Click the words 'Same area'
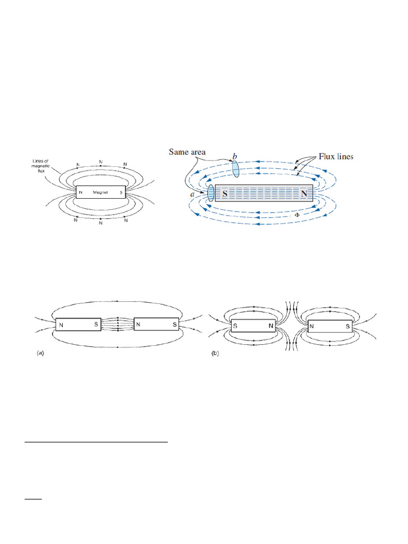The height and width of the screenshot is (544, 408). pos(187,152)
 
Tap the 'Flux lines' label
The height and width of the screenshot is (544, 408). pos(336,157)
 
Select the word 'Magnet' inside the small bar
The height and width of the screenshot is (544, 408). pos(100,192)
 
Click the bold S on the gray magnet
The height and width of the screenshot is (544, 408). pos(225,194)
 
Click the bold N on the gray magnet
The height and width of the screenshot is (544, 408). pos(304,194)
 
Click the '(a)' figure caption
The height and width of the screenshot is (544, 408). pos(40,352)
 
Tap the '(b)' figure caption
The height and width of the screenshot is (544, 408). pos(215,352)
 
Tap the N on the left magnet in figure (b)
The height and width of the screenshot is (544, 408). pos(270,325)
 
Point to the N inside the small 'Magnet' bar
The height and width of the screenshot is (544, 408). pos(81,192)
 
